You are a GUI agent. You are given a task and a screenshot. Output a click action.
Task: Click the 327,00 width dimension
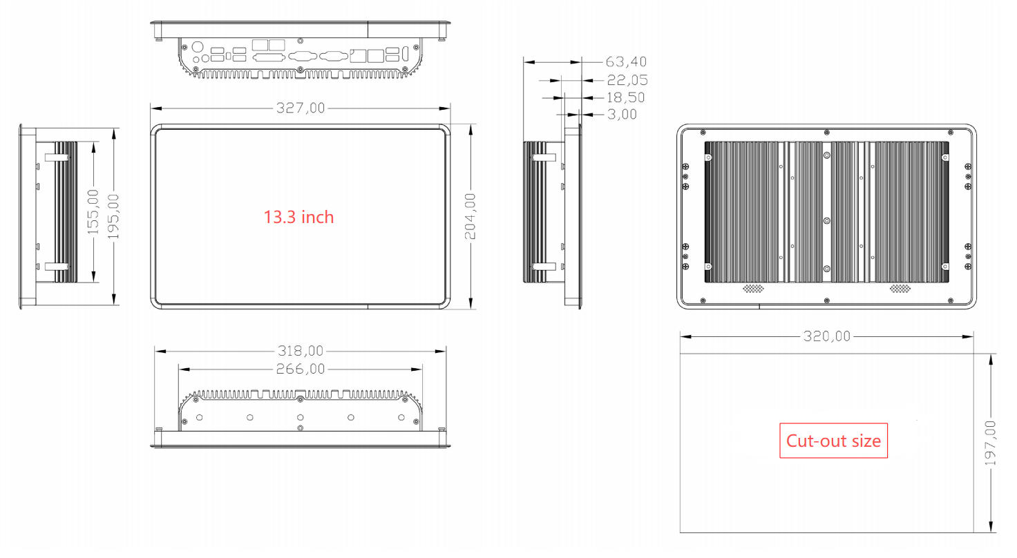pos(300,108)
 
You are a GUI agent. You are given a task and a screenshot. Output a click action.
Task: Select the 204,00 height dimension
pos(470,216)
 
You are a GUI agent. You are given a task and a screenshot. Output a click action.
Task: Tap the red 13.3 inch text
pos(298,217)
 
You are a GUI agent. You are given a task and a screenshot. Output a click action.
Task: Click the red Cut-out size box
pos(833,441)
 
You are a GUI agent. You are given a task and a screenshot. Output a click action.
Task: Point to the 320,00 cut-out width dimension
pos(826,336)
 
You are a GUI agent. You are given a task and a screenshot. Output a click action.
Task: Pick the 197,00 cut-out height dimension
pos(991,443)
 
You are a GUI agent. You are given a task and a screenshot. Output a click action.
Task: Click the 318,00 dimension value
pos(300,351)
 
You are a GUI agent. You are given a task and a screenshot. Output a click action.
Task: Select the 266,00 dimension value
pos(300,369)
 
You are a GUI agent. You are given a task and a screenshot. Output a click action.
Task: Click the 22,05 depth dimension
pos(626,80)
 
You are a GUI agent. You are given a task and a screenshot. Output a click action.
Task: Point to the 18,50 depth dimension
pos(626,97)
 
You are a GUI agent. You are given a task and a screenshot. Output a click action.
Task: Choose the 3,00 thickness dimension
pos(622,115)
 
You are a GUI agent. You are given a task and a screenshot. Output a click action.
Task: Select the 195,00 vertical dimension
pos(113,216)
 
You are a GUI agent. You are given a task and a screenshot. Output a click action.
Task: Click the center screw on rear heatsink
pos(826,221)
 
